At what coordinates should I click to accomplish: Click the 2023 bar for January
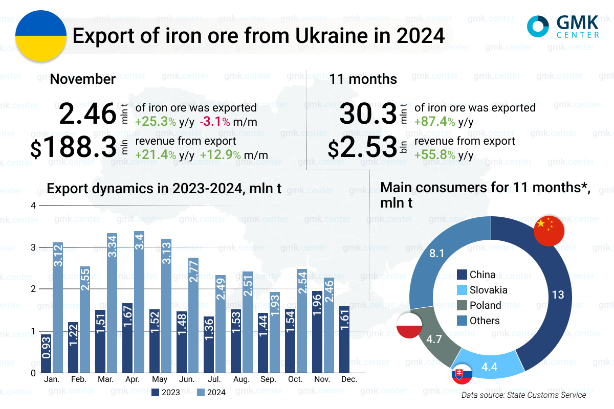click(x=46, y=353)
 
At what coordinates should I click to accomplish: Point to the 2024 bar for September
click(x=275, y=332)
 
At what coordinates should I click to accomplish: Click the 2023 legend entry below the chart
click(x=166, y=393)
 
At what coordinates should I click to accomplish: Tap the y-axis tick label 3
click(x=34, y=247)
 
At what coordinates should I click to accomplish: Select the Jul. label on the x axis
click(x=215, y=380)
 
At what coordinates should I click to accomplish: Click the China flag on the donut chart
click(x=549, y=231)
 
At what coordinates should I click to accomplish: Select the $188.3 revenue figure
click(x=74, y=148)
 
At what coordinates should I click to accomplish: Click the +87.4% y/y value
click(x=443, y=122)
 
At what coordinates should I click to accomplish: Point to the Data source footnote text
click(x=523, y=395)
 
